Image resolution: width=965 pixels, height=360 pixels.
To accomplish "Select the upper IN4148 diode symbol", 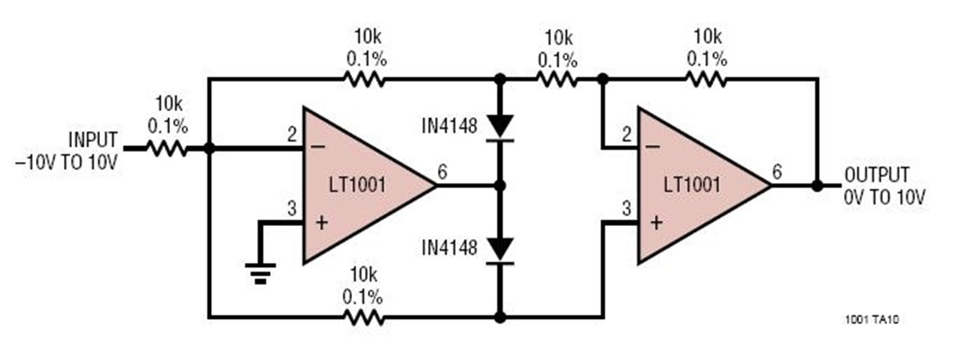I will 499,127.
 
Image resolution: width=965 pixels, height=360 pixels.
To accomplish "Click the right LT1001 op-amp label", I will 691,185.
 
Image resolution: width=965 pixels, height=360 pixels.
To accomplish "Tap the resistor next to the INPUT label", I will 167,149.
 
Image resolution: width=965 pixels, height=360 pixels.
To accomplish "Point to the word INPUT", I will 92,138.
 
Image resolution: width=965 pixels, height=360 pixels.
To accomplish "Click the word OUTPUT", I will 877,175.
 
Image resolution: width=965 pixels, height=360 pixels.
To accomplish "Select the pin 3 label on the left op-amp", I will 292,209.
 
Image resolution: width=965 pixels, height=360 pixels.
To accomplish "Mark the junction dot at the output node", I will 817,185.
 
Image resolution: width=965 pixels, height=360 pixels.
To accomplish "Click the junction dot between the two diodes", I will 499,185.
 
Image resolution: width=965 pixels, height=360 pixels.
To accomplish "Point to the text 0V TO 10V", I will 884,197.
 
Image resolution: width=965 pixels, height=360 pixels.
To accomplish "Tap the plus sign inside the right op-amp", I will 655,222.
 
